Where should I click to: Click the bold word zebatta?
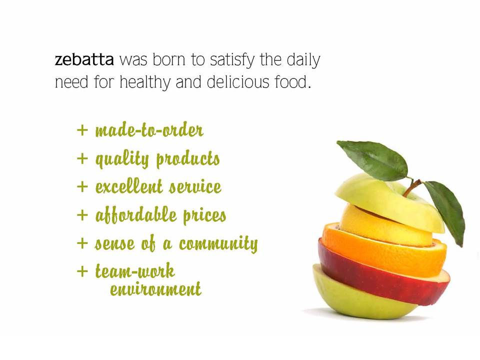[x=84, y=59]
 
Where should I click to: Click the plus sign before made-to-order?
[x=82, y=130]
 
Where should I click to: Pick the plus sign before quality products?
[x=82, y=158]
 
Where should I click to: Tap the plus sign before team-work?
[x=82, y=271]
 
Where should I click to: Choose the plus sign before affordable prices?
[x=82, y=214]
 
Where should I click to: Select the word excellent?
[x=129, y=186]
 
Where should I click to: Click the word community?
[x=218, y=244]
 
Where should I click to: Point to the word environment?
[x=155, y=288]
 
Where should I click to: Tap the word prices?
[x=204, y=215]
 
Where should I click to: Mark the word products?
[x=188, y=159]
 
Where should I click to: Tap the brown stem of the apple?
[x=412, y=187]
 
